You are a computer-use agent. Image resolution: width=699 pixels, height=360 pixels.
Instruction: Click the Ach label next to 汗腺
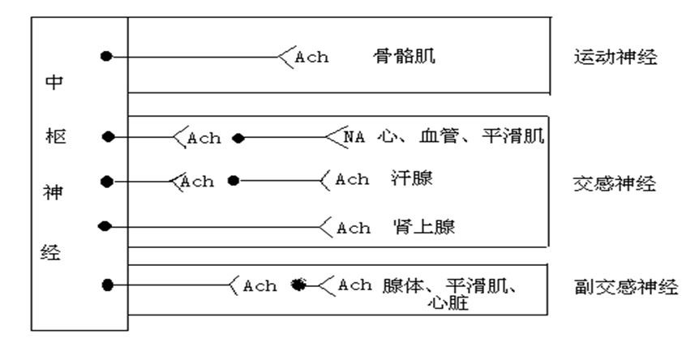click(352, 180)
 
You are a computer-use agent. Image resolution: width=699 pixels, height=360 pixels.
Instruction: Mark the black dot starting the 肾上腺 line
click(103, 226)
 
